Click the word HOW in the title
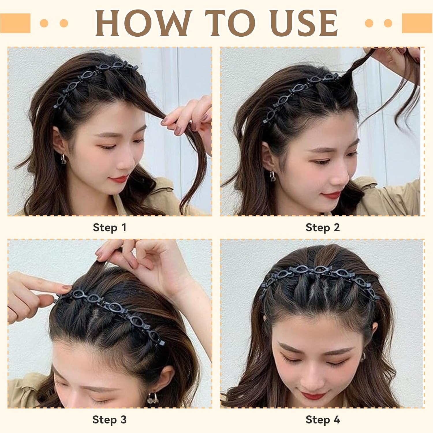(143, 23)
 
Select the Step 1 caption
(109, 227)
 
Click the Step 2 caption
(322, 227)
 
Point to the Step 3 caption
(109, 419)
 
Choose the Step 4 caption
(322, 419)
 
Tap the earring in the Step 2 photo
(272, 176)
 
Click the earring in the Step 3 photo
(152, 398)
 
